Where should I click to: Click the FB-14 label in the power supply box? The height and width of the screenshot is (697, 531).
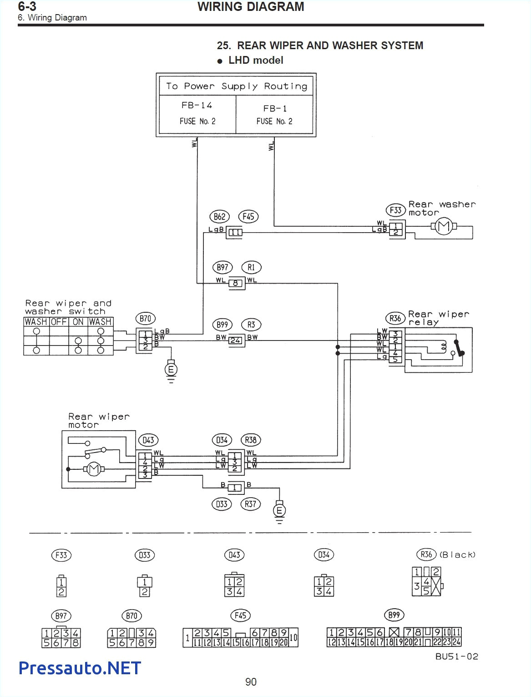coord(197,105)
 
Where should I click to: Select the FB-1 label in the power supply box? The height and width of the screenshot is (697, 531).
coord(275,108)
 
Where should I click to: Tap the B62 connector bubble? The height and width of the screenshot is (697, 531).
coord(219,217)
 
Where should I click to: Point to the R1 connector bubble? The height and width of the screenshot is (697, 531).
coord(251,267)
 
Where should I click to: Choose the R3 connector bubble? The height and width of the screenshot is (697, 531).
coord(251,325)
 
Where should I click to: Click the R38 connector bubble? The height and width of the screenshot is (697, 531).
coord(251,440)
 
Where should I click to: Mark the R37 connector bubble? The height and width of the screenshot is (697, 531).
coord(251,504)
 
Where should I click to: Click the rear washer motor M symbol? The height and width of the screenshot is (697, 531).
coord(443,226)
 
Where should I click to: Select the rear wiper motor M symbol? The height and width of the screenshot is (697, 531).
coord(93,469)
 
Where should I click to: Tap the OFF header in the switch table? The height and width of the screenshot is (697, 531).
coord(59,322)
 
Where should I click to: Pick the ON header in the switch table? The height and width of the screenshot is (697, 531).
coord(78,322)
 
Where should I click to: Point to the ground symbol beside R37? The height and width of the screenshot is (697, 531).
coord(279,511)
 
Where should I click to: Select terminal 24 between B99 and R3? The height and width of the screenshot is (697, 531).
coord(235,340)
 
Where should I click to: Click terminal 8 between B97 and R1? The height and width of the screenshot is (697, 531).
coord(235,283)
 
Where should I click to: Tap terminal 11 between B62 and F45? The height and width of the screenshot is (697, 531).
coord(235,232)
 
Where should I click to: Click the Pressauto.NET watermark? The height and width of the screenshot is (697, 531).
coord(80,668)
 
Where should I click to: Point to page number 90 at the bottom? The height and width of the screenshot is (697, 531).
coord(251,682)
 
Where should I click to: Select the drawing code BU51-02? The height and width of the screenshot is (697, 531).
coord(456,656)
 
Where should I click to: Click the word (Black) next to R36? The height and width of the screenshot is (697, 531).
coord(457,555)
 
